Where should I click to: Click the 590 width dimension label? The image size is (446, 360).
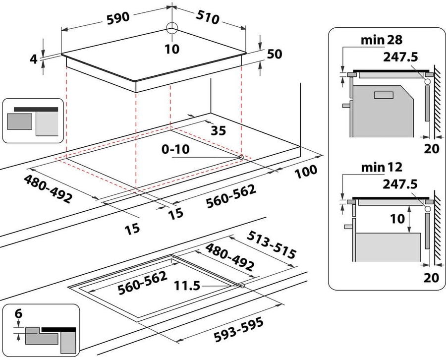click(117, 17)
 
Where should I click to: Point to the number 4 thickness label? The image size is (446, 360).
click(34, 59)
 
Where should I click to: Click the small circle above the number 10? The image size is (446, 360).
click(171, 28)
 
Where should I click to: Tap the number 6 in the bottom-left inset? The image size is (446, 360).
click(19, 313)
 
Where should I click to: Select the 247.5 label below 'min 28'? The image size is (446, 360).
click(400, 57)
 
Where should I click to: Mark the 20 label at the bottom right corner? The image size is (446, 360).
click(432, 277)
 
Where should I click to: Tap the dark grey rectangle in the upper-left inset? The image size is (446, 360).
click(20, 121)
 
